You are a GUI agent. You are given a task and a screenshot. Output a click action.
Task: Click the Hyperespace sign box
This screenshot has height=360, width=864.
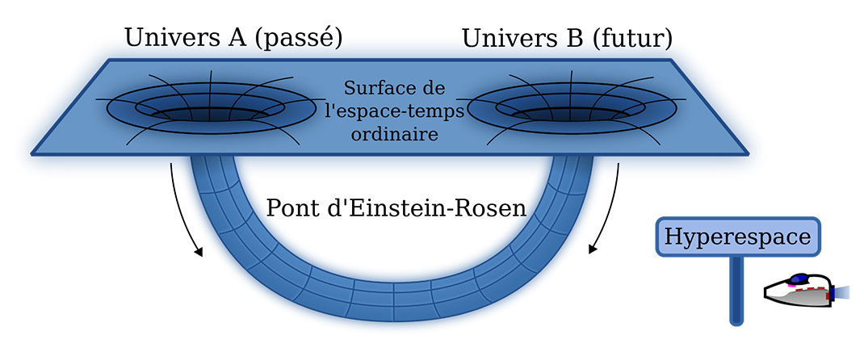point(738,237)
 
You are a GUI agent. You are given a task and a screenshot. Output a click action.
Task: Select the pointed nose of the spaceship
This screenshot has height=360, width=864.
point(769,295)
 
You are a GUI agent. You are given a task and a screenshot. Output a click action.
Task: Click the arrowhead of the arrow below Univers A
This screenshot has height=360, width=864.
point(198,253)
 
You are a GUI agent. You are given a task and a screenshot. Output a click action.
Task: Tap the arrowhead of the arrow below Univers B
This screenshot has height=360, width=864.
point(592,249)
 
